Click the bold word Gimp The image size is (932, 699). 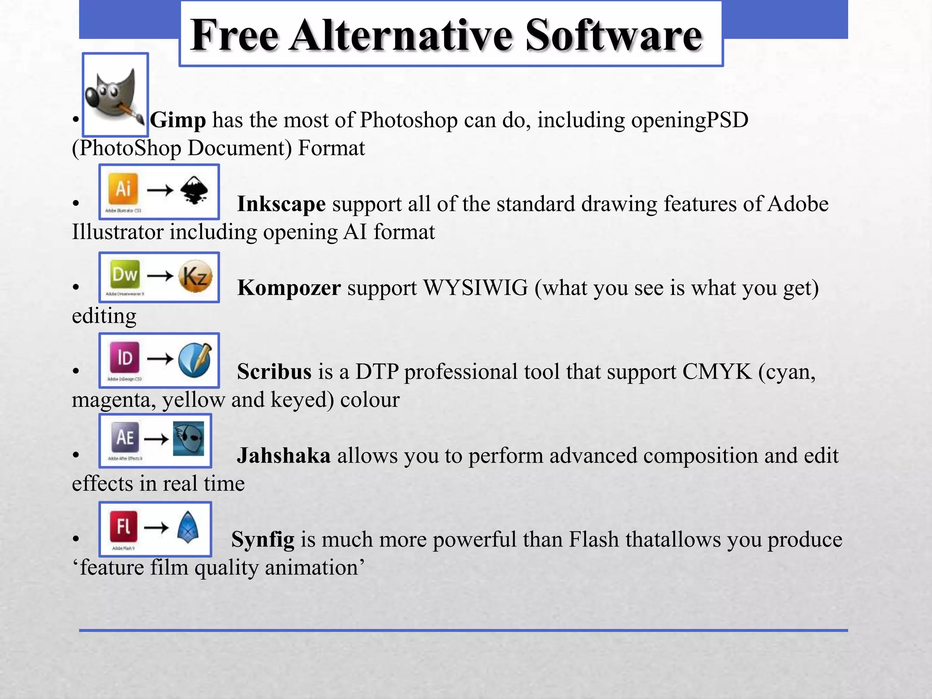(178, 120)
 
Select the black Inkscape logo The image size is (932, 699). (194, 190)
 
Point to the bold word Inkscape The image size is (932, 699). (281, 204)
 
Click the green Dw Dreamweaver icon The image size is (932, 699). (125, 274)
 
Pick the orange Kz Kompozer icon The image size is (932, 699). (195, 276)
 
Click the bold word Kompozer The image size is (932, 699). (289, 288)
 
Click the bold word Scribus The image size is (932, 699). (274, 372)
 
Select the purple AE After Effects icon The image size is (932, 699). (125, 437)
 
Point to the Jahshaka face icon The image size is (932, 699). (189, 439)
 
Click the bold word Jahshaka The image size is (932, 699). (284, 456)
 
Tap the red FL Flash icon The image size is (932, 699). (123, 527)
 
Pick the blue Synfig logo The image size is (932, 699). (188, 527)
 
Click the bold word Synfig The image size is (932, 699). (263, 540)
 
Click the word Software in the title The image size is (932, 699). (614, 35)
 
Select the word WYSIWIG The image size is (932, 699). (475, 288)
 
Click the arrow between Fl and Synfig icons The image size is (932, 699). (156, 527)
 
